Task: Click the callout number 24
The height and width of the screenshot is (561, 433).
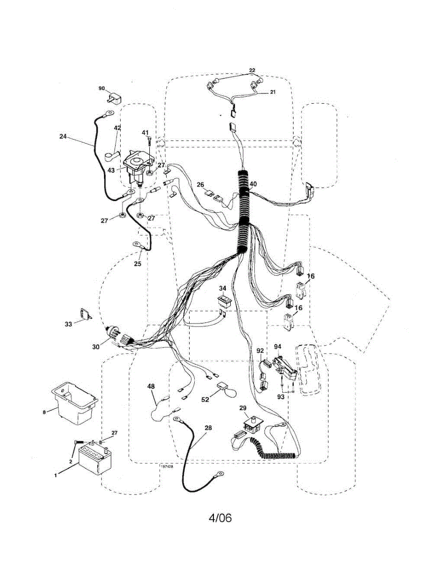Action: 63,137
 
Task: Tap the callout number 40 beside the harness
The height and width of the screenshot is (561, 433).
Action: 253,184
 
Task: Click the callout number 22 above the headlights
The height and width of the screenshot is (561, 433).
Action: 252,70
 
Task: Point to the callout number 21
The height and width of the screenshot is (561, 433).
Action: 272,92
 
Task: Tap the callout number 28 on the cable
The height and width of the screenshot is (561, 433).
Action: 208,427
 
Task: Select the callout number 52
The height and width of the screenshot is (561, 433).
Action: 205,399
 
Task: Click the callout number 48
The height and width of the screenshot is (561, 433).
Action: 151,387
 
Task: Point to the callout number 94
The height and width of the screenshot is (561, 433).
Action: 278,346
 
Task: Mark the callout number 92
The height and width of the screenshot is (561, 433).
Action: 260,349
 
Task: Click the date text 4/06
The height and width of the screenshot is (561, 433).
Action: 220,518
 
